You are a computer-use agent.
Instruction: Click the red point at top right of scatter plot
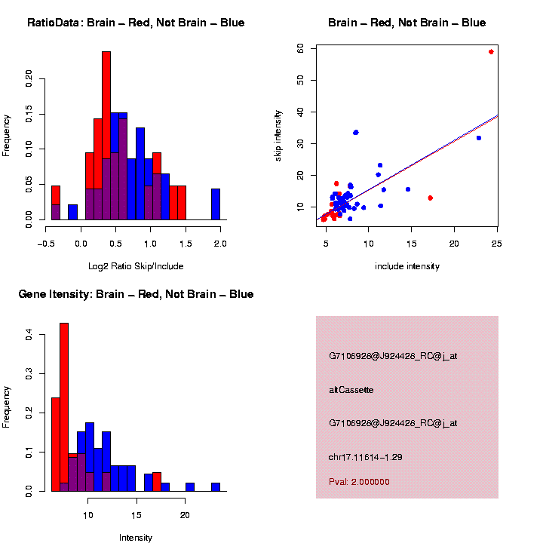(491, 52)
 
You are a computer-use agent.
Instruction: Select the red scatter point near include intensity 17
(430, 198)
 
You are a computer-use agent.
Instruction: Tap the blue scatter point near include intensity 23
(479, 138)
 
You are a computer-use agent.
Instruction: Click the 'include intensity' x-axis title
(407, 266)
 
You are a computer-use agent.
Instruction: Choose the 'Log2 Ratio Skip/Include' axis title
(136, 266)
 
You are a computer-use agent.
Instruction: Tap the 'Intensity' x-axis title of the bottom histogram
(136, 538)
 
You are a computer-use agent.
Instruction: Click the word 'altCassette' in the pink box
(351, 390)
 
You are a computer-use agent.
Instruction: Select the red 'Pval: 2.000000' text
(359, 482)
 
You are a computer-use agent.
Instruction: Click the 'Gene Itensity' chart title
(136, 294)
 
